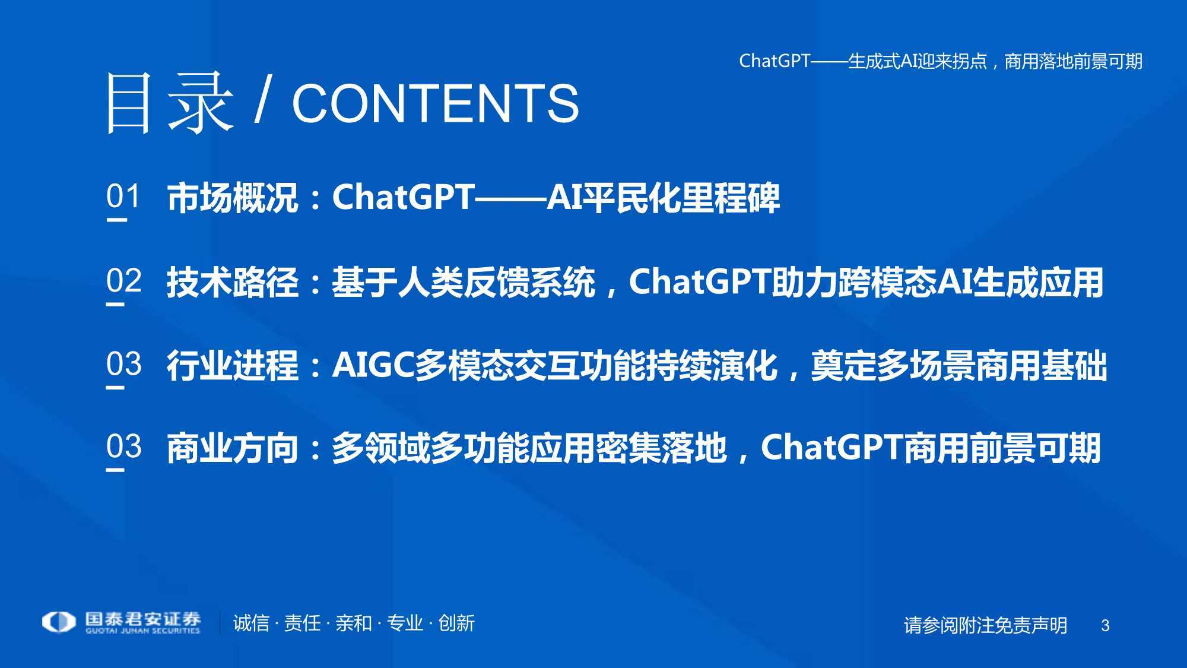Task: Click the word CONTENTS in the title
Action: [x=435, y=103]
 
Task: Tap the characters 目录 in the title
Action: [x=169, y=103]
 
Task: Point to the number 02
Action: [x=124, y=280]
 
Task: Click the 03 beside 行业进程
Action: [x=124, y=363]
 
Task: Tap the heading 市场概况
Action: [x=232, y=198]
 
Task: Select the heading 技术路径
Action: [x=232, y=282]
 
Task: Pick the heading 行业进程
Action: [x=232, y=365]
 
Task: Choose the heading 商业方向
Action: [x=232, y=448]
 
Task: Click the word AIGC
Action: [x=373, y=365]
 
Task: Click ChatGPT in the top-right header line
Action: [x=775, y=61]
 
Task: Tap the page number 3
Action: [x=1105, y=625]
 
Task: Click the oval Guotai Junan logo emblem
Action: [x=59, y=622]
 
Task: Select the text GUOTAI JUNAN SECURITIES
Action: [x=142, y=631]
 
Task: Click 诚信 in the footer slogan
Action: [x=251, y=623]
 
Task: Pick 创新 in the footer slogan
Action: [x=456, y=623]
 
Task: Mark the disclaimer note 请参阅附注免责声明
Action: [x=985, y=625]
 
